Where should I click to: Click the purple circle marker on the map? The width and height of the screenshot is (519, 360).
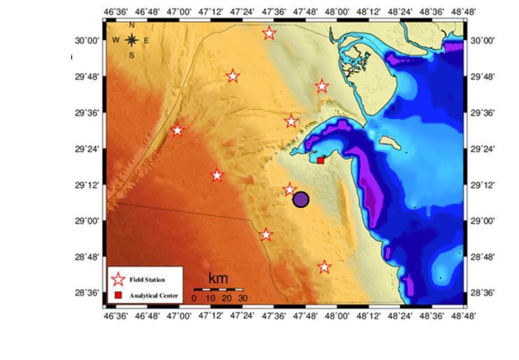[301, 200]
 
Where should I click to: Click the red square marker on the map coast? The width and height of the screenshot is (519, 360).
[321, 160]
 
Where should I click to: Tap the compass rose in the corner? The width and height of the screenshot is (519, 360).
[131, 41]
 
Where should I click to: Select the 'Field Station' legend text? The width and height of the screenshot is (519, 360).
[147, 279]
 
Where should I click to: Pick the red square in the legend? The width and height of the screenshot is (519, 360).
[118, 296]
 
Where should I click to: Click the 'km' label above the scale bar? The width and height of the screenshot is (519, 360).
[218, 279]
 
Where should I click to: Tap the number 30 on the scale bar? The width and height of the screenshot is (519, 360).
[242, 298]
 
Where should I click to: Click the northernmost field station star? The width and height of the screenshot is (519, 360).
[269, 33]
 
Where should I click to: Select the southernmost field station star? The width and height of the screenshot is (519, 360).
[324, 267]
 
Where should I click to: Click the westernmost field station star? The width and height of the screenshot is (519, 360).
[177, 130]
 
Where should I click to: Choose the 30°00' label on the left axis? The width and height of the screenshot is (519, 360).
[88, 41]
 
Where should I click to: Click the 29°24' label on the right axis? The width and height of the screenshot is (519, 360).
[483, 148]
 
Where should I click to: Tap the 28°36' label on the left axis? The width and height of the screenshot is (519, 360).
[88, 294]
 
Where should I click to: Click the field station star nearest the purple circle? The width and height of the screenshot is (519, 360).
[289, 189]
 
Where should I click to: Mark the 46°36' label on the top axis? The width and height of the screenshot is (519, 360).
[117, 12]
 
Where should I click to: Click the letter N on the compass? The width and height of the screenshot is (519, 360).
[131, 26]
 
